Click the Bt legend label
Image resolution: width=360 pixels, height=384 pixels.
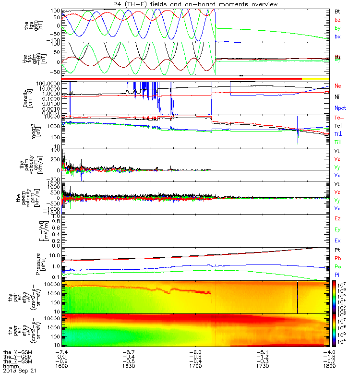click(337, 11)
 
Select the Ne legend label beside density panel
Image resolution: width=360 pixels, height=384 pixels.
click(337, 86)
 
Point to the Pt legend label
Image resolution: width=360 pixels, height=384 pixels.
click(337, 251)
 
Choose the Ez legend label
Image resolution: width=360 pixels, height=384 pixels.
click(337, 218)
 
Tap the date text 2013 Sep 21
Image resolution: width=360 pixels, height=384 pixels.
click(19, 371)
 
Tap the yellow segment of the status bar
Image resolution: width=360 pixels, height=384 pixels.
click(315, 78)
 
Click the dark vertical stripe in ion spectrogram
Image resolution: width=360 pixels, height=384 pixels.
click(298, 298)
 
